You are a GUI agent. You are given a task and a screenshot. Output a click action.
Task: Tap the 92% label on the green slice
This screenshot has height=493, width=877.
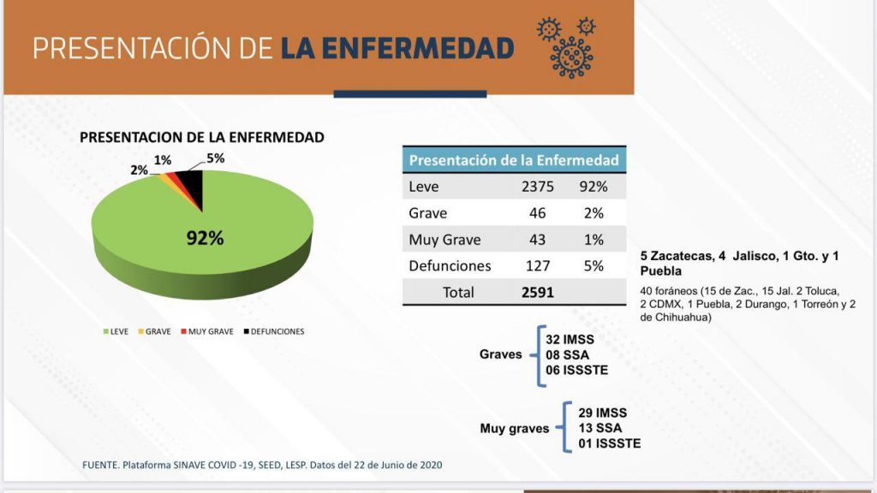click(205, 239)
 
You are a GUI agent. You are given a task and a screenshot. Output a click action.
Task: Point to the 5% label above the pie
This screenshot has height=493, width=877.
click(215, 158)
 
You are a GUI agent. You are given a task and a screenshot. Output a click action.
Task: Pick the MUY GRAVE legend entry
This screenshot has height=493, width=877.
click(207, 331)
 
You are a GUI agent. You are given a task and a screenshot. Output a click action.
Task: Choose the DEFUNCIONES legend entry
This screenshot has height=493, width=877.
click(272, 331)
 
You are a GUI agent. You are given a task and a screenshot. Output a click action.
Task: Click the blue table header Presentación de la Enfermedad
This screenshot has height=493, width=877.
click(514, 160)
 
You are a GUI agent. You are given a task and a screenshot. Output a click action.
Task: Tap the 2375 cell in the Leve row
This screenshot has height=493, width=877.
click(538, 187)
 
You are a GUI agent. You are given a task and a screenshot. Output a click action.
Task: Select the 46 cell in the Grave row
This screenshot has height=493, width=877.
click(538, 213)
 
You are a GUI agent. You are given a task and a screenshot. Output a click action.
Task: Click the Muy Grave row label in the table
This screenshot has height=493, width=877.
click(444, 240)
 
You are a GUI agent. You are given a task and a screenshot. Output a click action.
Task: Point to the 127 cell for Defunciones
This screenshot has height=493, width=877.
click(538, 266)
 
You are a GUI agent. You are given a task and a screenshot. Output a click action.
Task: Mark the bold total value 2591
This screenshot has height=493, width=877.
click(538, 292)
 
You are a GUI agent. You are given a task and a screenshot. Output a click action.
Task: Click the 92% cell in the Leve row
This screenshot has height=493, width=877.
click(594, 187)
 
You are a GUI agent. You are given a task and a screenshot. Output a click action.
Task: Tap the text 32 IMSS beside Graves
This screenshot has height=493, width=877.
click(570, 340)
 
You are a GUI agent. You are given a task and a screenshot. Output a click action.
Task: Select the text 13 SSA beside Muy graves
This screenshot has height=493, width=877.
click(600, 428)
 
